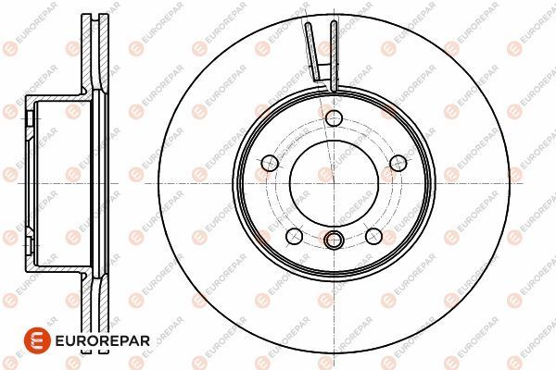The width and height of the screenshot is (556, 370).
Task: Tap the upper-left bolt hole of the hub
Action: pos(269,163)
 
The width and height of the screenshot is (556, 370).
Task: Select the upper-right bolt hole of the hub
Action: pos(399,163)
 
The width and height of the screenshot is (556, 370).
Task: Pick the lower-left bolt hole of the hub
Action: pos(292,235)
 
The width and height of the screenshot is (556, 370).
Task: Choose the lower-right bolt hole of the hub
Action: pos(374,235)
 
